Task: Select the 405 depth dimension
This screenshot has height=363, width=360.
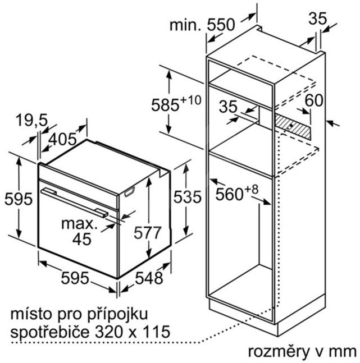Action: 62,139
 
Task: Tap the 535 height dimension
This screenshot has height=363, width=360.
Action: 188,197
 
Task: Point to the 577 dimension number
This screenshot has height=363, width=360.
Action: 147,233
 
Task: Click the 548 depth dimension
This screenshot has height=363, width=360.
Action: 149,278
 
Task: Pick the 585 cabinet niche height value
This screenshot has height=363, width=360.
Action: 165,105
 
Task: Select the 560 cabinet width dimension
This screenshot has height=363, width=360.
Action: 229,194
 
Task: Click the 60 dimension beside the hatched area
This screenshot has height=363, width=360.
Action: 314,100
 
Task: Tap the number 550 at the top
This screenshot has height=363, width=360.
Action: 221,25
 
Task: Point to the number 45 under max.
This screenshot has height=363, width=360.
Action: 82,239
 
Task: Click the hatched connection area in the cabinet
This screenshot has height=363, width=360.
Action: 293,127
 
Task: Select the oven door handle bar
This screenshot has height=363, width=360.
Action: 74,203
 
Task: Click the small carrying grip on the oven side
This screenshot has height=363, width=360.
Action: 129,192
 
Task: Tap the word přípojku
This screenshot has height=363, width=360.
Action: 118,315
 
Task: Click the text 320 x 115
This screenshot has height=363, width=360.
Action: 133,332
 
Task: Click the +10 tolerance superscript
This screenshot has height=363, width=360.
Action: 190,100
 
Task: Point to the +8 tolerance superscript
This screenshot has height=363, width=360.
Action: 251,190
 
